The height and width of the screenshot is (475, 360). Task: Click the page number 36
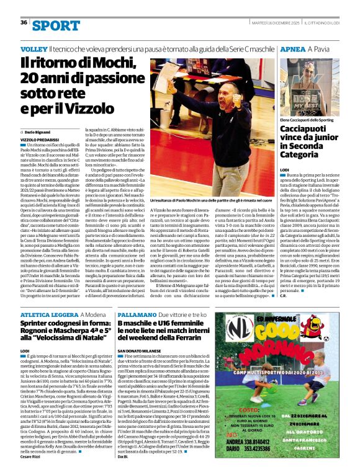pos(24,23)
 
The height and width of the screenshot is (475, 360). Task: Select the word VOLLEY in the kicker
pos(34,48)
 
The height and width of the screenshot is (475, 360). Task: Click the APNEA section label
pos(293,48)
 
